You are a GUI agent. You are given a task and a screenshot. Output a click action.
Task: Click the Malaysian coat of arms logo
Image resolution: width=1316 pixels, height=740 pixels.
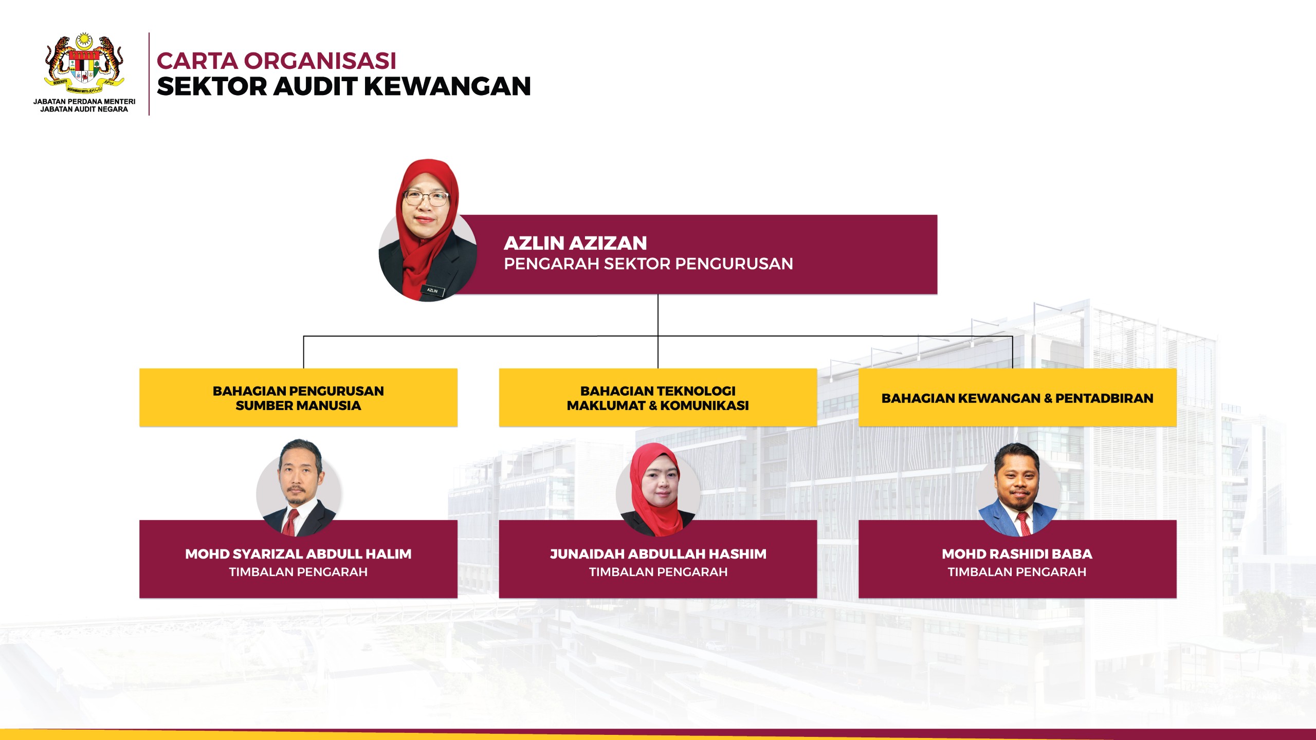point(84,64)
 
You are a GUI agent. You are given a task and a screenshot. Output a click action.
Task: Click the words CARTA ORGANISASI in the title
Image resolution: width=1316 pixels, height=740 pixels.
point(277,61)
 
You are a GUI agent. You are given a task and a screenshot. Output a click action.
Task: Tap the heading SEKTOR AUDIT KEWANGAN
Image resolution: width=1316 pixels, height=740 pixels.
point(344,86)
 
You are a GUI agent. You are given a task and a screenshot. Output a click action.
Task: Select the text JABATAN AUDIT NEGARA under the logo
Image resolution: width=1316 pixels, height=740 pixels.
point(84,109)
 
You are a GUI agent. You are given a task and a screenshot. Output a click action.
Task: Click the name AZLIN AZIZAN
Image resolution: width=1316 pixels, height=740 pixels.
point(575,243)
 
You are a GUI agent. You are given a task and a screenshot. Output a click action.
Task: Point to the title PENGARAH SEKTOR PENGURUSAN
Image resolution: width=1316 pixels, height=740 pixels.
point(648,264)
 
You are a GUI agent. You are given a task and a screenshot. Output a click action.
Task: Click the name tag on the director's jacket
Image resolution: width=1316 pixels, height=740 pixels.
point(432,290)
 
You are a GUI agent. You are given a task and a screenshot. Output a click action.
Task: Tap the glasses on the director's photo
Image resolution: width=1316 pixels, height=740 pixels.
point(426,198)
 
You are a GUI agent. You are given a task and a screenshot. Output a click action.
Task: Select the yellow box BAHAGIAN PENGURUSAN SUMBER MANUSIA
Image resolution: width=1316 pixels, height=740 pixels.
point(298,397)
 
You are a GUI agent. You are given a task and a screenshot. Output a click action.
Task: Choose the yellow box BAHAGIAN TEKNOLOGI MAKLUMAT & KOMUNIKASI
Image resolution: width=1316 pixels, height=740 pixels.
point(658,397)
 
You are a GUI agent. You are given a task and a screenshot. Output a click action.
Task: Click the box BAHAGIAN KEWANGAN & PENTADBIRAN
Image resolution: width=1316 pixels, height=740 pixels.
point(1017,397)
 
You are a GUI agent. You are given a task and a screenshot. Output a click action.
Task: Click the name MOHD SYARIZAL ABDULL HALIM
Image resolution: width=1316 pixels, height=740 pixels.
point(298,554)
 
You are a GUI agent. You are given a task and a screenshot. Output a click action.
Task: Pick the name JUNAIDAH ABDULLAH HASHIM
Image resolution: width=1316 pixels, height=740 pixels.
point(658,554)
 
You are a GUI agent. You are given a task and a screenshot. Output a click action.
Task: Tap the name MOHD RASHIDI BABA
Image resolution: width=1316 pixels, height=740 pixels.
point(1017,554)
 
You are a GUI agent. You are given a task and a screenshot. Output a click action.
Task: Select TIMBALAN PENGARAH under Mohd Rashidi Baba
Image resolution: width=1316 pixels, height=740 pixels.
point(1017,572)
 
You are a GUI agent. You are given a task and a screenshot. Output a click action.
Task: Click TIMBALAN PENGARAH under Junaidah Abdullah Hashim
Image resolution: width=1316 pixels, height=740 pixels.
point(658,572)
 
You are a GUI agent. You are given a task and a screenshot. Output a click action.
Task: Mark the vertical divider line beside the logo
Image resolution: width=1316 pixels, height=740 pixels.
point(149,74)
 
